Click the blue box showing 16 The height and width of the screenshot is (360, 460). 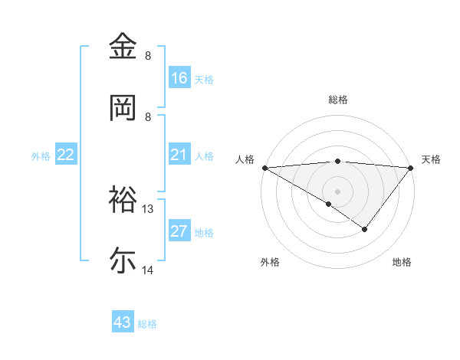click(179, 77)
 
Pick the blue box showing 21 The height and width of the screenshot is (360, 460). click(179, 155)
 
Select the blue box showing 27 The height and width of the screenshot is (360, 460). click(179, 231)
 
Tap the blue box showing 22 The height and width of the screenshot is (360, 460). click(66, 155)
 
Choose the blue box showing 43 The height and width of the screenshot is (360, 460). click(123, 322)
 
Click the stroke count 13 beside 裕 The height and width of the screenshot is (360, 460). click(149, 208)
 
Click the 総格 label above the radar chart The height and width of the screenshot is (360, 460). click(338, 100)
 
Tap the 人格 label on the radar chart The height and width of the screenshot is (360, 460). click(245, 159)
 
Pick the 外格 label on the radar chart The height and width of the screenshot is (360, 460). click(270, 262)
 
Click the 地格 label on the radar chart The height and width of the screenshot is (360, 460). click(402, 262)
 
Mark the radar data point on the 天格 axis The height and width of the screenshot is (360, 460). click(411, 168)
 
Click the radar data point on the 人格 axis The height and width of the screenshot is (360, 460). click(264, 168)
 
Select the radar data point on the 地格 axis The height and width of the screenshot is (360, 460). click(365, 229)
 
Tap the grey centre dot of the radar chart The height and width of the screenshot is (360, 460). click(338, 191)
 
